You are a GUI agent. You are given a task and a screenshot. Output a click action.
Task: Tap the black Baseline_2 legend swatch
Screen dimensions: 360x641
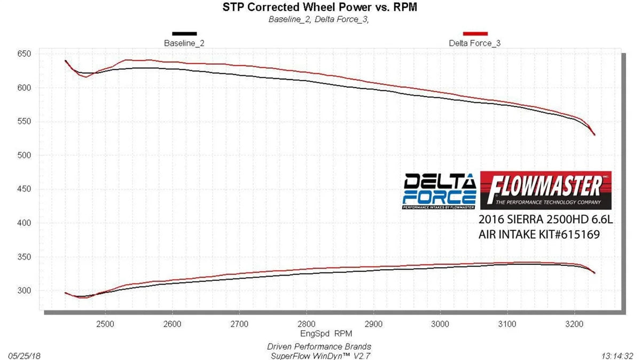(184, 34)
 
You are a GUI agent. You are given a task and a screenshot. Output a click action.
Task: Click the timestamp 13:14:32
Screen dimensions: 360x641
(617, 355)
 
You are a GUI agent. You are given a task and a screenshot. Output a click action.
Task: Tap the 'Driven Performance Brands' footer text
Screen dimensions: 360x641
(319, 347)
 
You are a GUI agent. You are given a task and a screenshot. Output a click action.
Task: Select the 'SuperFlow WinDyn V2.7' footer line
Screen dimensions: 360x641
(319, 355)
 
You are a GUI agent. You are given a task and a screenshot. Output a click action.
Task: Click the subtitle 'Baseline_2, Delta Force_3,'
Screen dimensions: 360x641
(319, 20)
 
